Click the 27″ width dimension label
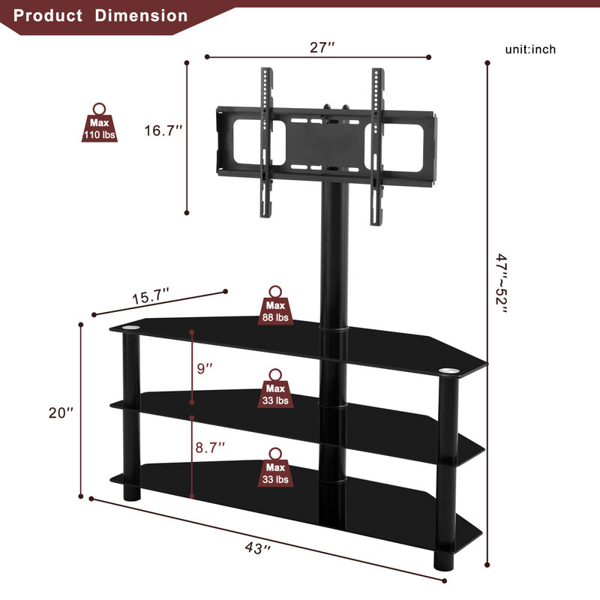point(322,47)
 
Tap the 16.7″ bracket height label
point(164,130)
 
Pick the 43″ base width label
point(256,548)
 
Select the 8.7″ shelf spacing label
point(211,448)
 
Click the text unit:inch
point(530,49)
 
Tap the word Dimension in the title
point(142,15)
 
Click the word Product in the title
point(49,15)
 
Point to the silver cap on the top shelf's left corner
point(131,328)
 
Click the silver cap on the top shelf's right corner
point(448,370)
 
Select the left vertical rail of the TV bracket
point(265,142)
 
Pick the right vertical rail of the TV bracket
point(376,146)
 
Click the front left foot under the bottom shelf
point(131,494)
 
